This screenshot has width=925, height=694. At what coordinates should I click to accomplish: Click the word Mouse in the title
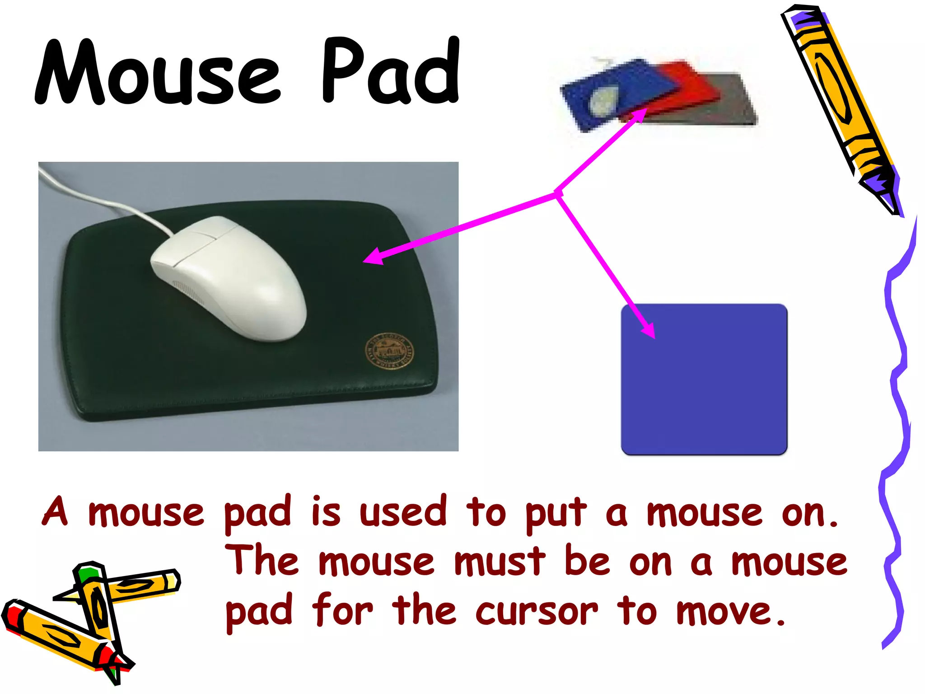tap(158, 72)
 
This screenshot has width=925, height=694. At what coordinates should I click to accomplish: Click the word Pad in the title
tap(391, 70)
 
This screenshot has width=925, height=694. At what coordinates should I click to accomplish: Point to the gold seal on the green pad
tap(389, 352)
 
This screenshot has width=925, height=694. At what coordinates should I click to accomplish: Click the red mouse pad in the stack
tap(691, 86)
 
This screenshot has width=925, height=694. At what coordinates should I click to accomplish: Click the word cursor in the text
tap(537, 611)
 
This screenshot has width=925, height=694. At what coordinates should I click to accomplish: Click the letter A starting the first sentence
tap(55, 511)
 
